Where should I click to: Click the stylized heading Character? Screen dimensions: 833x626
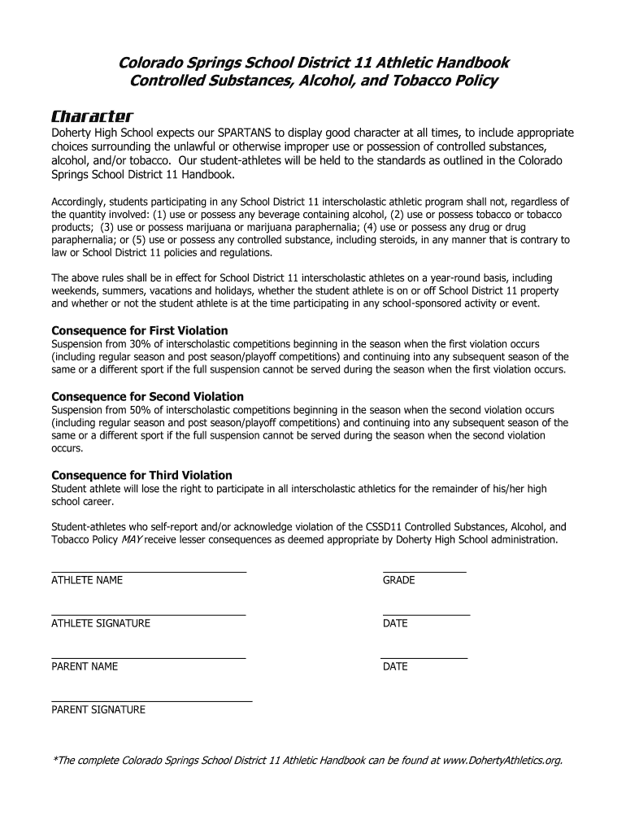(x=92, y=116)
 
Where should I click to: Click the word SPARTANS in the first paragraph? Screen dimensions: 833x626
(x=244, y=133)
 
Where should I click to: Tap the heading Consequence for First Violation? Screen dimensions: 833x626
(x=140, y=330)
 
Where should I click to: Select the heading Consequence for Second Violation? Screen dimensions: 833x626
(x=148, y=396)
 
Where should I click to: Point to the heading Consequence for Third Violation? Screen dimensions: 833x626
(x=142, y=475)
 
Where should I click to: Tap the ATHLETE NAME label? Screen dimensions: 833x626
(x=87, y=581)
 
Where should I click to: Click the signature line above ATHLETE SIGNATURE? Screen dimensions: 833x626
(x=148, y=615)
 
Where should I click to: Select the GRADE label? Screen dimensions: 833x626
(x=398, y=581)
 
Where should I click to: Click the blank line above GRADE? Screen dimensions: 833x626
(x=424, y=573)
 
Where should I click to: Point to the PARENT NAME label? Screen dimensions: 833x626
(x=85, y=667)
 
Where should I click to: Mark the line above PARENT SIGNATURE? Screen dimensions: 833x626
(x=151, y=701)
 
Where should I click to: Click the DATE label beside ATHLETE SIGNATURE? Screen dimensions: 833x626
(x=395, y=624)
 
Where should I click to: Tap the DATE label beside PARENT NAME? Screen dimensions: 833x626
(x=395, y=667)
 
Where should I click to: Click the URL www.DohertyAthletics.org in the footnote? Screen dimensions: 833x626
(x=502, y=761)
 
